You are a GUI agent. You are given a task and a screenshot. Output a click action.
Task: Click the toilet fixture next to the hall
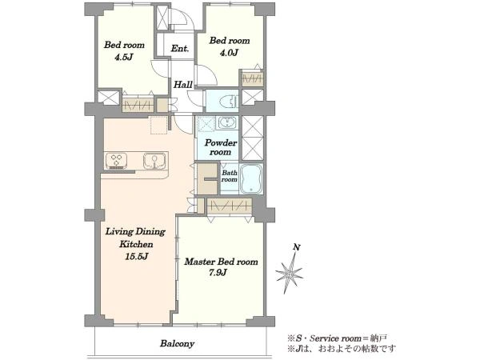click(227, 101)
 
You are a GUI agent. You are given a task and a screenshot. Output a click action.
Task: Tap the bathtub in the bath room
click(251, 178)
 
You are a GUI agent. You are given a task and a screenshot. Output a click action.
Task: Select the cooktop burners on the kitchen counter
click(116, 161)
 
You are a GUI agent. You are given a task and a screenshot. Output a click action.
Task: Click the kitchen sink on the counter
click(154, 161)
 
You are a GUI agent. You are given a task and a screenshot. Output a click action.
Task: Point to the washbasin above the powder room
click(227, 122)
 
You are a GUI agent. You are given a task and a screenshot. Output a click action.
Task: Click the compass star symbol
click(290, 271)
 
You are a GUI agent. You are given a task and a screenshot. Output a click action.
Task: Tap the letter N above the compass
click(296, 247)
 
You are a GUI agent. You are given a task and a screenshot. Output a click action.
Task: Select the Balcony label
click(178, 343)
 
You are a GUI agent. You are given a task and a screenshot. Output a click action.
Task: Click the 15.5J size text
click(137, 256)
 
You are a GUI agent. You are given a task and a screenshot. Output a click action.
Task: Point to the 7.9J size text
click(218, 272)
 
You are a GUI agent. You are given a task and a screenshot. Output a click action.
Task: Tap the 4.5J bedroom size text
click(124, 57)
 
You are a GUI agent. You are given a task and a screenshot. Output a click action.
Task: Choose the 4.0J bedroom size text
click(228, 53)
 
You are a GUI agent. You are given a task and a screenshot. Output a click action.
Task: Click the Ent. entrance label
click(180, 48)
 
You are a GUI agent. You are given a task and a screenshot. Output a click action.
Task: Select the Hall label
click(183, 85)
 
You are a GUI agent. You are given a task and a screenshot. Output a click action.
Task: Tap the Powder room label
click(221, 147)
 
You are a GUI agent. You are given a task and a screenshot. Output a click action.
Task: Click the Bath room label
click(230, 176)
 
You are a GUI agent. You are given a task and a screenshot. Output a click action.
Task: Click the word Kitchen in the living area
click(136, 244)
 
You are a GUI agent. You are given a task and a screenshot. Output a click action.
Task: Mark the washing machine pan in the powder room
click(206, 123)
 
